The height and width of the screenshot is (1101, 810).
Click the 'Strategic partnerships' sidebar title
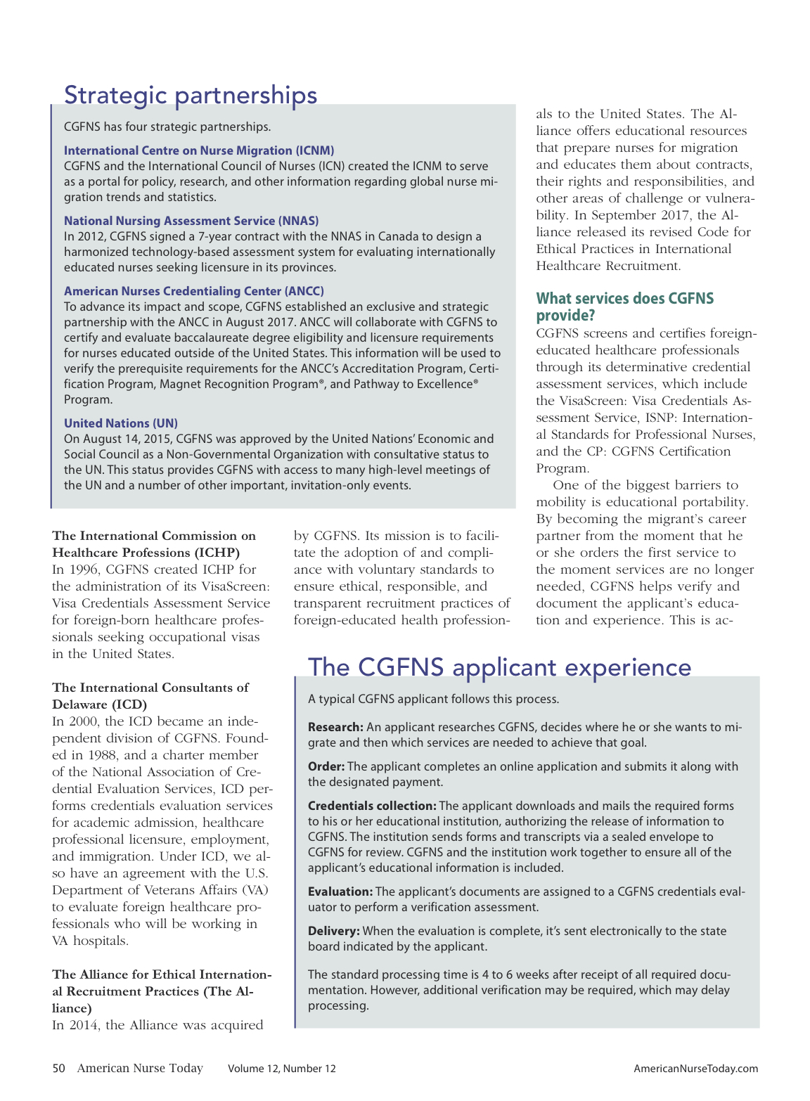191,95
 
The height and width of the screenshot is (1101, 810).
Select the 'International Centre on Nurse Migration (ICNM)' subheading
199,150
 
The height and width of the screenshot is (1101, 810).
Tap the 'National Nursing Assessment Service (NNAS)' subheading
191,221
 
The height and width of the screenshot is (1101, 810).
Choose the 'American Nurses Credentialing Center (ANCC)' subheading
194,291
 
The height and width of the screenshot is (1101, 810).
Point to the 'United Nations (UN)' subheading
121,423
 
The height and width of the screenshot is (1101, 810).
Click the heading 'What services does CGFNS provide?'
624,307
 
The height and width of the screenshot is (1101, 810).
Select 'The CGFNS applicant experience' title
499,667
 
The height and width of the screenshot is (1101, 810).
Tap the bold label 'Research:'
335,727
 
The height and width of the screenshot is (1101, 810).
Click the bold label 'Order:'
326,766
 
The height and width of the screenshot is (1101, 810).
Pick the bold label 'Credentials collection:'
372,806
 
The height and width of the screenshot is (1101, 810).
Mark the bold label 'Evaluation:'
340,891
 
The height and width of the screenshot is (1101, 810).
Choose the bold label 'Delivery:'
334,931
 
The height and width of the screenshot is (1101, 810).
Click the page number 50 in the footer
58,1068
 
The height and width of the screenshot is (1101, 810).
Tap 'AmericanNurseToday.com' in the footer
695,1069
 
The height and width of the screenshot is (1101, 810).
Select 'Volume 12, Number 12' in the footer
281,1069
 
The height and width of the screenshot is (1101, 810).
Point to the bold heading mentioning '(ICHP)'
154,544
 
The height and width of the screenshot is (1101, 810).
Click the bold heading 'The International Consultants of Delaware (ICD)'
150,696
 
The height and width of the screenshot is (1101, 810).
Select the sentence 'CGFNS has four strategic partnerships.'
167,127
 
